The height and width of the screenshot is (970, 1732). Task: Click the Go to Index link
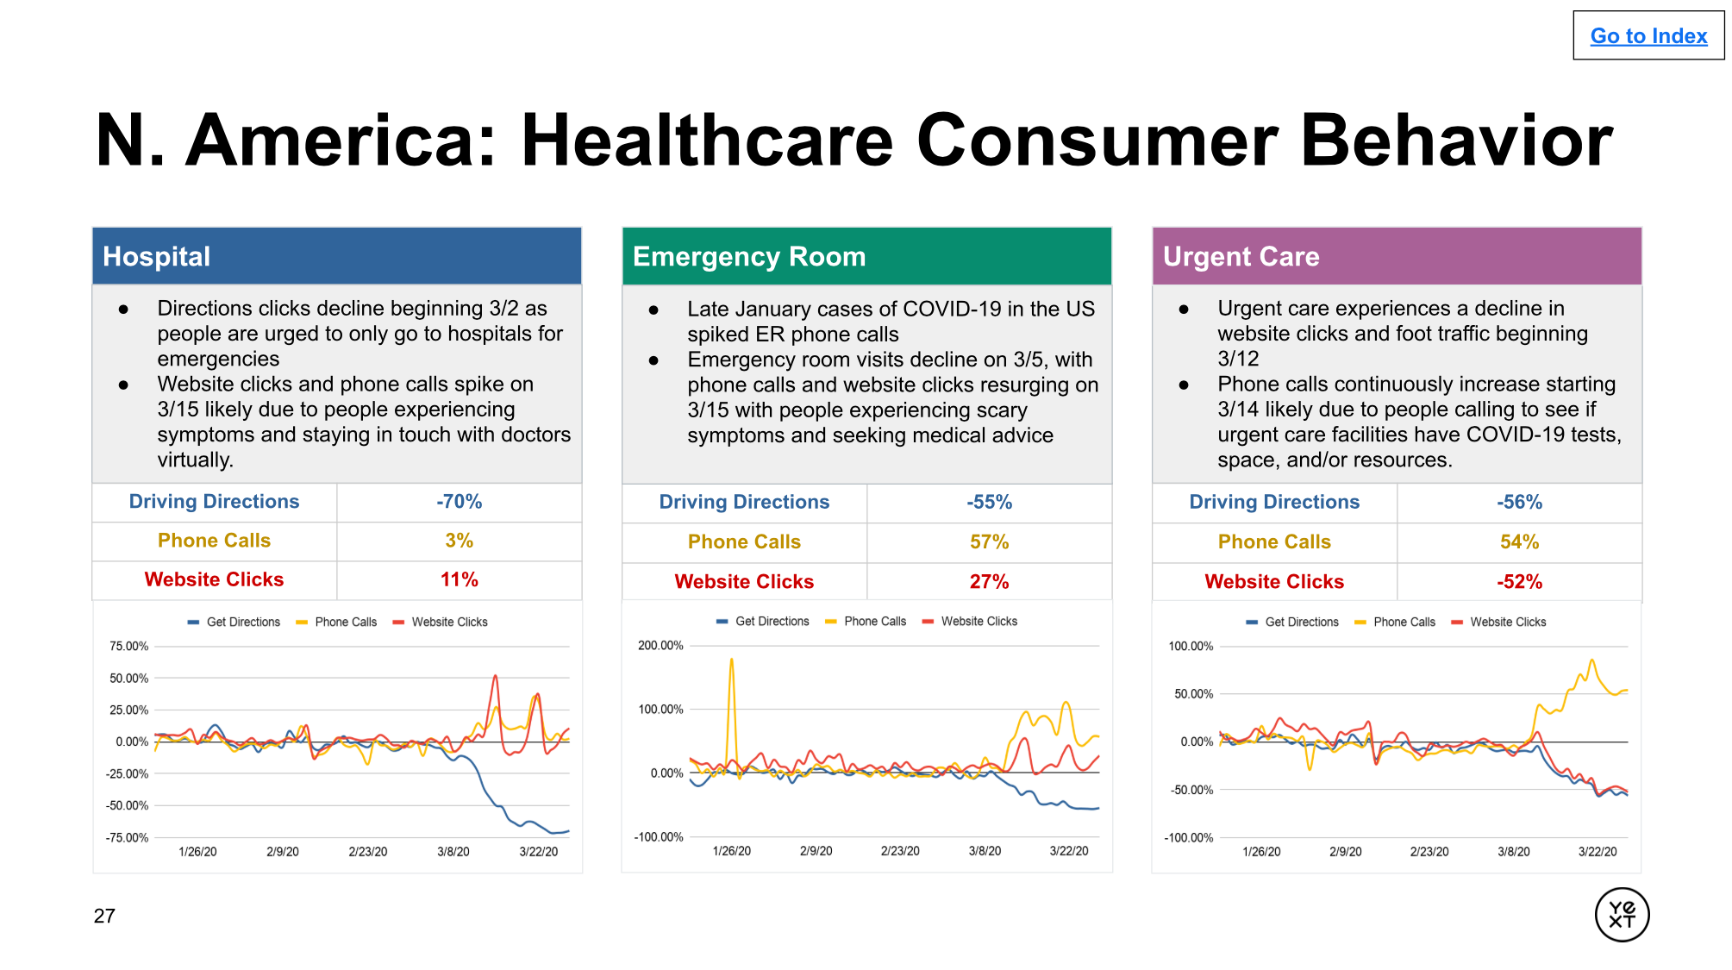click(1648, 36)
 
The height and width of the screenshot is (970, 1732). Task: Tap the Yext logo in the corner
click(1622, 914)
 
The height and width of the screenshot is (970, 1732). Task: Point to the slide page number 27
click(104, 916)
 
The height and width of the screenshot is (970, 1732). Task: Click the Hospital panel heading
click(156, 256)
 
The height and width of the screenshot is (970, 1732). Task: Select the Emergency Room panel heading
click(748, 256)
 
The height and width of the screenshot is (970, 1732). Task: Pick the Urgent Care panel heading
click(1241, 256)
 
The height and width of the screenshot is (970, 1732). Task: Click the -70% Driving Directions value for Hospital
click(459, 502)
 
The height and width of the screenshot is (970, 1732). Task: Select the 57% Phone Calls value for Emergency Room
click(989, 541)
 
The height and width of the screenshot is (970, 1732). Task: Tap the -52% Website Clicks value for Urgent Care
click(1519, 582)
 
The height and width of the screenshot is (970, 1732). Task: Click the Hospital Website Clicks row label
click(214, 579)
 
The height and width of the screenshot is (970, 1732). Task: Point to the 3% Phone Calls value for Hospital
click(459, 541)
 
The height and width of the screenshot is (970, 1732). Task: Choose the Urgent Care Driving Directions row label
click(1274, 502)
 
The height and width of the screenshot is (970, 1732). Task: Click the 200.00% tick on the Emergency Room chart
click(660, 646)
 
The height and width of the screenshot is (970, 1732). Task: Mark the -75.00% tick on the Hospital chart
click(127, 837)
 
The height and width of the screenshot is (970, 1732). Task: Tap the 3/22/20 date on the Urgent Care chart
click(1598, 852)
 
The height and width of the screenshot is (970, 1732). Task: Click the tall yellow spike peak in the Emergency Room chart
click(732, 661)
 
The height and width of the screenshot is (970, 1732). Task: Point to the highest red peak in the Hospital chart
click(495, 677)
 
